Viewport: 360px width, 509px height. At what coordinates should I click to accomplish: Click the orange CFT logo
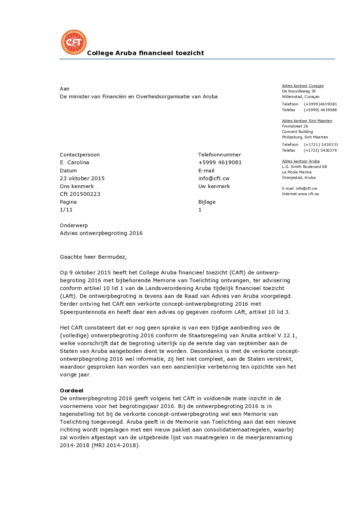click(73, 43)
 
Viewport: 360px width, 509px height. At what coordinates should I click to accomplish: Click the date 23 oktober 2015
click(82, 179)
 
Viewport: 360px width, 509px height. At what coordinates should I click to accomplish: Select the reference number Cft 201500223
click(80, 194)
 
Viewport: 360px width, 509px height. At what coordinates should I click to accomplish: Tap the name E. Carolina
click(75, 163)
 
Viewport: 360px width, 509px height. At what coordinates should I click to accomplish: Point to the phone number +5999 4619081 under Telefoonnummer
click(220, 163)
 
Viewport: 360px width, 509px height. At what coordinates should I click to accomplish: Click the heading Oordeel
click(71, 391)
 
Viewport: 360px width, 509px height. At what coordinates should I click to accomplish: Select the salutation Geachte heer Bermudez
click(93, 257)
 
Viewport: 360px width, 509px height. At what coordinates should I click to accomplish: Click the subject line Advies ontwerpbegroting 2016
click(101, 233)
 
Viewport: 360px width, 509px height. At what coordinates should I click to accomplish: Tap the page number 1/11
click(66, 210)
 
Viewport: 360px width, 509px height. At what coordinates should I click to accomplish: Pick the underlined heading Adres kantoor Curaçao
click(302, 86)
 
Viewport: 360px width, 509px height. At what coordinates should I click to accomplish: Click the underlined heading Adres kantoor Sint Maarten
click(307, 121)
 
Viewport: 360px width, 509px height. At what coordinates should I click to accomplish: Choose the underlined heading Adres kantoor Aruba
click(300, 162)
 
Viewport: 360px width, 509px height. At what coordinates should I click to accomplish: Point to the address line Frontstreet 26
click(295, 126)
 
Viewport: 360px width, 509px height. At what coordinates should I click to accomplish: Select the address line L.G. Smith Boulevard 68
click(304, 167)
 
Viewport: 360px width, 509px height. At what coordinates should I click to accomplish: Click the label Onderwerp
click(74, 225)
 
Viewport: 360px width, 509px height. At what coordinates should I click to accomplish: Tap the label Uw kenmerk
click(214, 186)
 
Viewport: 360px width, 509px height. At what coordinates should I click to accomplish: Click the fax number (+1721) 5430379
click(320, 151)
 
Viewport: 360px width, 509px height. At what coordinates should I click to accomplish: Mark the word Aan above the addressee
click(65, 89)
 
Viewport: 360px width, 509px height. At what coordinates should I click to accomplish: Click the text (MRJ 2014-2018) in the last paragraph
click(115, 445)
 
